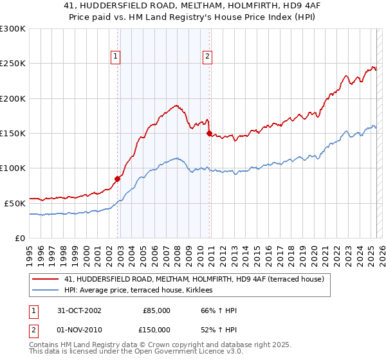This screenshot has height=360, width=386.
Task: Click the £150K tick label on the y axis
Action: click(x=13, y=133)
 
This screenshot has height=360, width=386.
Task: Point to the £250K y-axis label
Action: click(x=13, y=64)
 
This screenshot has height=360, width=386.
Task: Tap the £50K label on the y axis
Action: click(x=15, y=203)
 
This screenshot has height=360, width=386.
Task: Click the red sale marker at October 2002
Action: click(x=118, y=179)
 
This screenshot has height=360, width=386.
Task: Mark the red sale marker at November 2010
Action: click(x=209, y=133)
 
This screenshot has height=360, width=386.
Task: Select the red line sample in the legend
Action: click(x=46, y=279)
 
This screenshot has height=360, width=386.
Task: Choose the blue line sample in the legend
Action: click(x=46, y=290)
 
